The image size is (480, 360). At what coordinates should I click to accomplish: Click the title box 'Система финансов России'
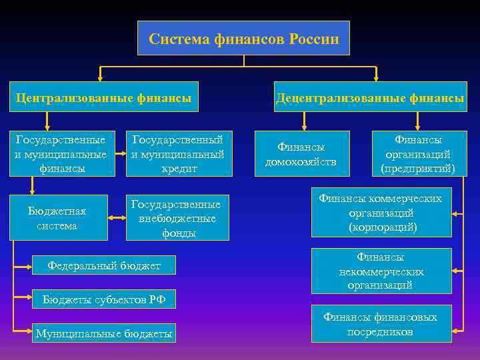tap(243, 39)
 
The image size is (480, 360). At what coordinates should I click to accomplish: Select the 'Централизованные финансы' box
tap(104, 98)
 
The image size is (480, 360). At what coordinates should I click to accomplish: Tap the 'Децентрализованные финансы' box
tap(371, 98)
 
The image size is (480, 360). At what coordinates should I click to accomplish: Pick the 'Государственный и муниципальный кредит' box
tap(179, 154)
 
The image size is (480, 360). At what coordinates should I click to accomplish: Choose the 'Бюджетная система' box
tap(58, 218)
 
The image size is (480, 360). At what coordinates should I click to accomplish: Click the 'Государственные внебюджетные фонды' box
tap(177, 218)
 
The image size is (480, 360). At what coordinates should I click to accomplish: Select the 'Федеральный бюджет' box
tap(104, 266)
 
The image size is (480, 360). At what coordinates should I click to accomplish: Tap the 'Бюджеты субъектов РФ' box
tap(104, 299)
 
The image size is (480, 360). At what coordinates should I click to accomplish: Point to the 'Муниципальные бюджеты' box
tap(104, 333)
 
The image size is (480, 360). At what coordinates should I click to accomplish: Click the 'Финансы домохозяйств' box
tap(301, 154)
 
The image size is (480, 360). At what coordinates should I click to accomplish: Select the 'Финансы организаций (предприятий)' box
tap(418, 154)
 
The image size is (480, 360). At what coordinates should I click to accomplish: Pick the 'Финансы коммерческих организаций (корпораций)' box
tap(381, 213)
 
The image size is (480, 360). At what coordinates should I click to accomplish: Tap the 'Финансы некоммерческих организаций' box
tap(381, 271)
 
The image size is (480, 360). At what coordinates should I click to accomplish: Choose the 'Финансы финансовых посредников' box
tap(381, 324)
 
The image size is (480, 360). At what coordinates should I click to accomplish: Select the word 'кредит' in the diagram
tap(179, 169)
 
